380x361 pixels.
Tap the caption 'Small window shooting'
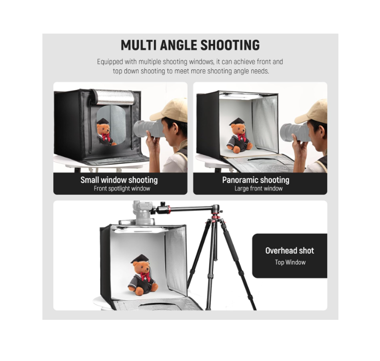pos(119,180)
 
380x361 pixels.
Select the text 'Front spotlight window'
pos(122,188)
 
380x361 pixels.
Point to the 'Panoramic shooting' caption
pos(256,180)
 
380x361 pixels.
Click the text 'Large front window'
pos(258,188)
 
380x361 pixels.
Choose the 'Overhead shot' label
pos(290,251)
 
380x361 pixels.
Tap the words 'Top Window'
pos(290,262)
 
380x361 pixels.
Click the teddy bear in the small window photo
pos(106,132)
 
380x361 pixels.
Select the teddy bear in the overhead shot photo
pos(143,275)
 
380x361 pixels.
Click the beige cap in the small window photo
pos(170,110)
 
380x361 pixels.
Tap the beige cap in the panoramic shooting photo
pos(312,112)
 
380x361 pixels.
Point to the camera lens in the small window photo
pos(148,128)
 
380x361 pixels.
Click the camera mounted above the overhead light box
pos(142,213)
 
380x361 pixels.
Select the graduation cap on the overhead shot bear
pos(140,259)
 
